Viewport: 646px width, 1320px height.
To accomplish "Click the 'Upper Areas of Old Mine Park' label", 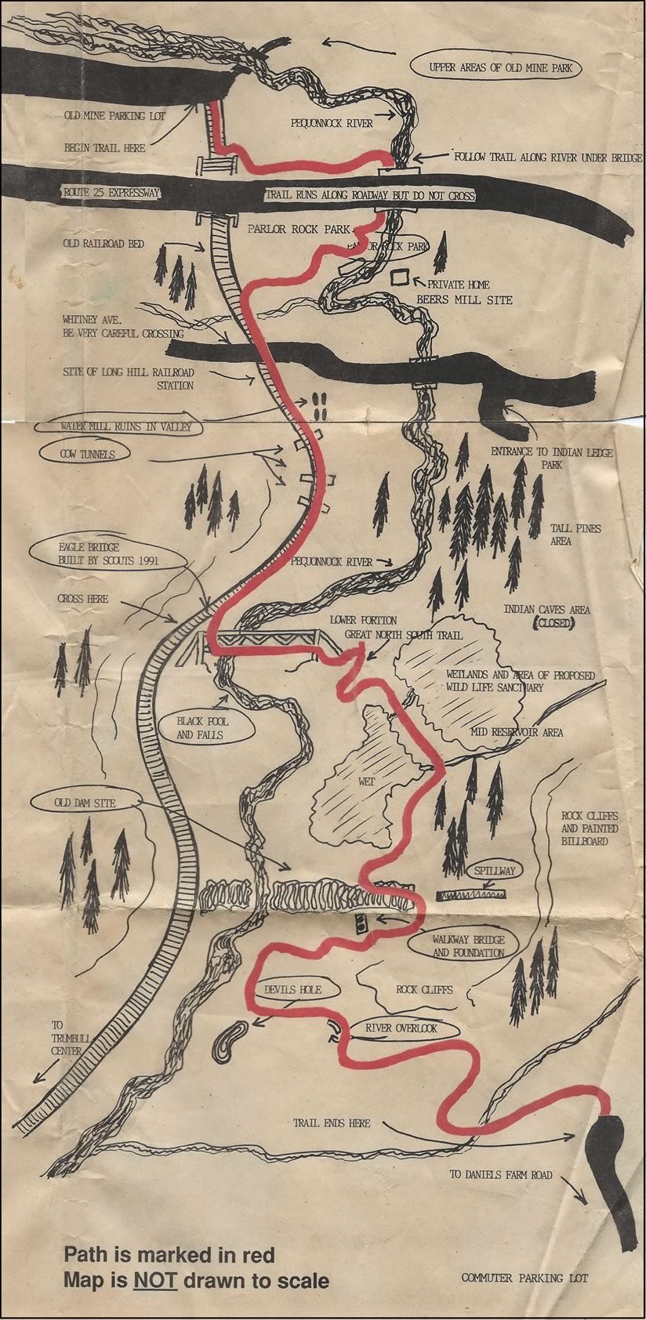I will pos(501,68).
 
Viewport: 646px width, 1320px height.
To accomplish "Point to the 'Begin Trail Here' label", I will pos(105,147).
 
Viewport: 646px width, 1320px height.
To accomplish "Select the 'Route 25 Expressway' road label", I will pos(111,192).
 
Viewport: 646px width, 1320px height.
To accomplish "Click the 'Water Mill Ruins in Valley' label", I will pos(116,427).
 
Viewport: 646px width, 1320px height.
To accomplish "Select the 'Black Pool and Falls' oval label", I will pos(200,727).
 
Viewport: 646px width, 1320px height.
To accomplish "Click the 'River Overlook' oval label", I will pos(401,1028).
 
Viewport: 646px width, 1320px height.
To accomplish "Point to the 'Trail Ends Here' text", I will pos(332,1122).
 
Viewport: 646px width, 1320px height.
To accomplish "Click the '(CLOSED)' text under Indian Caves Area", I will pos(554,624).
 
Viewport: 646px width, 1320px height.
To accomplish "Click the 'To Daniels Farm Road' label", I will pos(501,1174).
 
